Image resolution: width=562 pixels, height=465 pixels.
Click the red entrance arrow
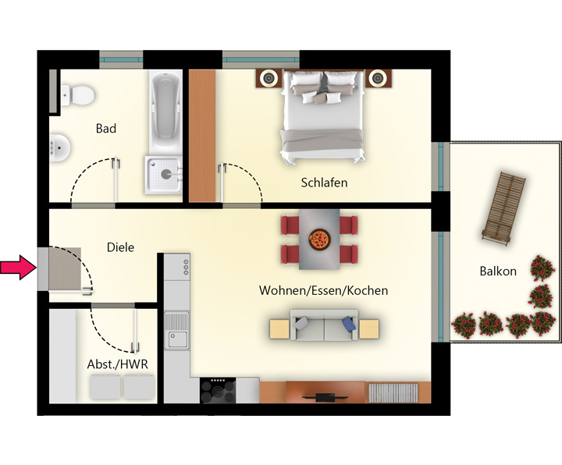(x=18, y=268)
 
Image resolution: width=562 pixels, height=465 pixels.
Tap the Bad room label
(x=106, y=128)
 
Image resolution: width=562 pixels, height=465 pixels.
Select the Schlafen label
(x=324, y=183)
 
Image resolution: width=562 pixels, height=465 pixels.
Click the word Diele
(x=120, y=247)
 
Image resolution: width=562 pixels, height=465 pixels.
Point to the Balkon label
(x=498, y=272)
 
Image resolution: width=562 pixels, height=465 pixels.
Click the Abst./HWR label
(x=118, y=364)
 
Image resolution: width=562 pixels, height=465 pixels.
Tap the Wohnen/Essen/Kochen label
(x=323, y=290)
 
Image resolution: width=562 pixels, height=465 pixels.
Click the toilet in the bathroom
(x=77, y=95)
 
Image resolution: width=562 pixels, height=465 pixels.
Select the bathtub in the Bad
(x=165, y=112)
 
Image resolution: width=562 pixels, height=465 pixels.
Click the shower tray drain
(x=165, y=175)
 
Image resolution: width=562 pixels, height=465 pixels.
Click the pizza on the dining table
(x=319, y=240)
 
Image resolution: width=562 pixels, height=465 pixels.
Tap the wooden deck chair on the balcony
(x=503, y=209)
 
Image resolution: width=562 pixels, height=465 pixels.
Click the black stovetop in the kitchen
(x=218, y=390)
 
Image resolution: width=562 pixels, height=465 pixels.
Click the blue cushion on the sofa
(x=349, y=323)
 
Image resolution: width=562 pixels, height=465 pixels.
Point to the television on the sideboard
(x=325, y=397)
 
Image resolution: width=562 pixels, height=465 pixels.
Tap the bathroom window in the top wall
(x=121, y=59)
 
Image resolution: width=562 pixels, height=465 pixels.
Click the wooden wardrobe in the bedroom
(x=202, y=136)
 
